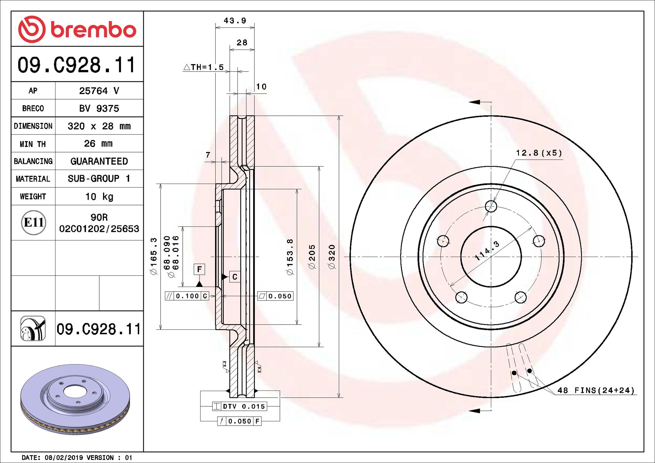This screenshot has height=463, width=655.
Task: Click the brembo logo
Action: [x=77, y=29]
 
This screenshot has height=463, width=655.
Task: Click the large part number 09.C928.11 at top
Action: [x=77, y=65]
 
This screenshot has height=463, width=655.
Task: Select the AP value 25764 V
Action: [x=99, y=91]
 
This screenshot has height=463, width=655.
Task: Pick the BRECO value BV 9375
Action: [x=99, y=108]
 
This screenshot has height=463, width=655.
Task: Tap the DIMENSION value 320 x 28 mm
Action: [x=99, y=126]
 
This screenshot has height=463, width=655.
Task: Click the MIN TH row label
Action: [x=33, y=144]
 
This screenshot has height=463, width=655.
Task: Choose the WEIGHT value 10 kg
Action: [x=99, y=197]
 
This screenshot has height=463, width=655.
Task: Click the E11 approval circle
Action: [x=34, y=222]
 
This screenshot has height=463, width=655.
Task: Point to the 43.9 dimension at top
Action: [x=235, y=21]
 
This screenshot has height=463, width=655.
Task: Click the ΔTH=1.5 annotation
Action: [x=204, y=67]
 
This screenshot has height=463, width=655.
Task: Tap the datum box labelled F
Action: [x=199, y=269]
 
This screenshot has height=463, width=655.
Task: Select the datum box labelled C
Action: [x=235, y=277]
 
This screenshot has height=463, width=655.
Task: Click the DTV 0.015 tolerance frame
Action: [x=240, y=406]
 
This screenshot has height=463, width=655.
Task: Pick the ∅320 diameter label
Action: [x=332, y=257]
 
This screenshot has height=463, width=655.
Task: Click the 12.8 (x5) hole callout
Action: [x=539, y=153]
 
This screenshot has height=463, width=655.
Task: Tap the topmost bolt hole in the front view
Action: [x=491, y=206]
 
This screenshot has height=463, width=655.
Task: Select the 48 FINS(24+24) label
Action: [x=596, y=390]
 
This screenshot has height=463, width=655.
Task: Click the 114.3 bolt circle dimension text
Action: [x=487, y=250]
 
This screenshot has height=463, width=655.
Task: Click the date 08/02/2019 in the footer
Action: [x=64, y=457]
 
